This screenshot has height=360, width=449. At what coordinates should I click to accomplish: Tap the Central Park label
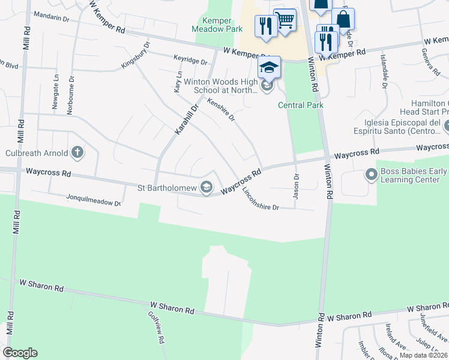(301, 105)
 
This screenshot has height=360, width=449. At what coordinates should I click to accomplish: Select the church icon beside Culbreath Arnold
(77, 152)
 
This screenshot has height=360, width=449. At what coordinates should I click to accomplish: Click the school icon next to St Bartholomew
(206, 188)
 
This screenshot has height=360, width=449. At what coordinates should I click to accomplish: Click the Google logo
(20, 353)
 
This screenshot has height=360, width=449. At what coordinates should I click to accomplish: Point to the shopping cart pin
(285, 21)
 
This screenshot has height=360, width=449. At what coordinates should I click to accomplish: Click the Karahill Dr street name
(186, 119)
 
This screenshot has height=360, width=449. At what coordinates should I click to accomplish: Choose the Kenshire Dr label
(220, 110)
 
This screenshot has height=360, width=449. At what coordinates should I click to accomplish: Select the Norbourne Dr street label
(72, 87)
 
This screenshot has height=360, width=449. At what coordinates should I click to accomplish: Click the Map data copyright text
(423, 355)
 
